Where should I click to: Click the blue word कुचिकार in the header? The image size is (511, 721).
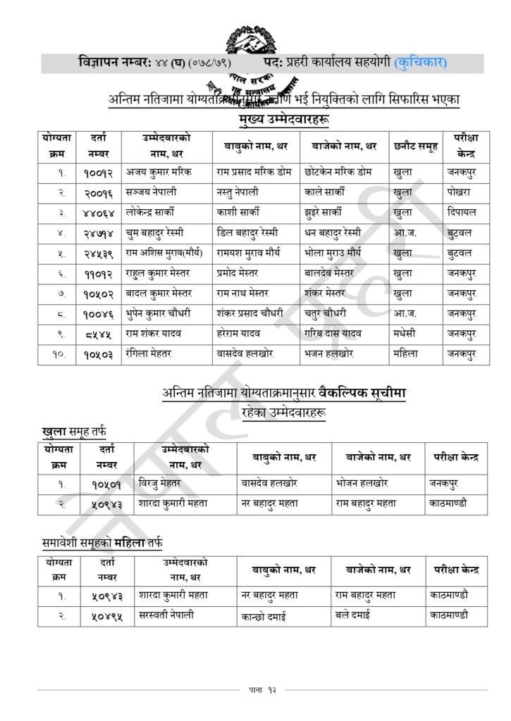click(x=420, y=63)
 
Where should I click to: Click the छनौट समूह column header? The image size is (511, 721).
click(x=415, y=146)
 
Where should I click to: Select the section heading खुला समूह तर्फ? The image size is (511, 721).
click(x=74, y=430)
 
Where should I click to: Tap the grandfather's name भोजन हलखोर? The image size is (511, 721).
click(x=362, y=484)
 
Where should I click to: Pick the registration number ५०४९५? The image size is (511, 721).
click(x=107, y=615)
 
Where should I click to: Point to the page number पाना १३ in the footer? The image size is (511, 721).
click(x=255, y=689)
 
